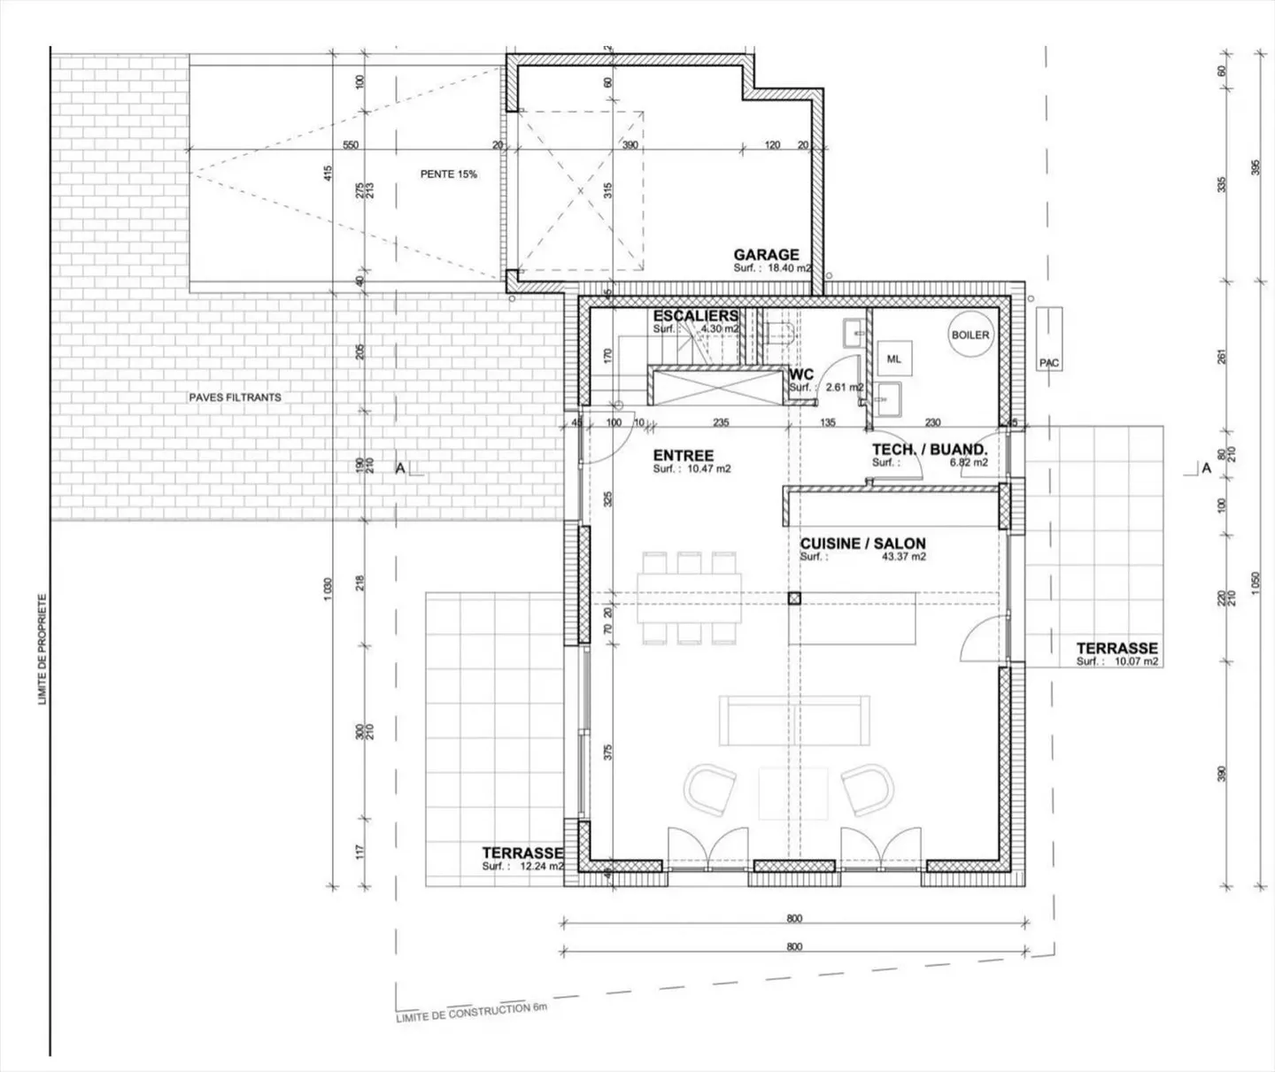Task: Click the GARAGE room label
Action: click(x=766, y=255)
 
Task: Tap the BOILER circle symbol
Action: click(x=970, y=335)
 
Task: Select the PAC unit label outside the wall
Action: click(x=1049, y=363)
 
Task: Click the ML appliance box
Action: click(x=894, y=359)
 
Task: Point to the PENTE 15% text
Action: click(x=448, y=174)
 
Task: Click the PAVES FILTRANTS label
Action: click(x=235, y=397)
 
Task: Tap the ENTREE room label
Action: click(x=683, y=456)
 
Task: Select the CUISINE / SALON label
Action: click(x=862, y=544)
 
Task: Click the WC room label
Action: click(x=801, y=375)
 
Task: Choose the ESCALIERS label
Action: click(x=695, y=316)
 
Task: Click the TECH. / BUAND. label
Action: click(x=929, y=450)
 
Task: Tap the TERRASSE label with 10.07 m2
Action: click(x=1117, y=648)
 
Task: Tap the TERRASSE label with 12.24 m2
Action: click(x=522, y=852)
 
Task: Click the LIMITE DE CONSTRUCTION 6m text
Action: click(x=472, y=1013)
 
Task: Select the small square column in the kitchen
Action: click(x=794, y=598)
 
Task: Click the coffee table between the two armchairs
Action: click(x=792, y=793)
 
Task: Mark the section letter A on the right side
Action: click(x=1205, y=468)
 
